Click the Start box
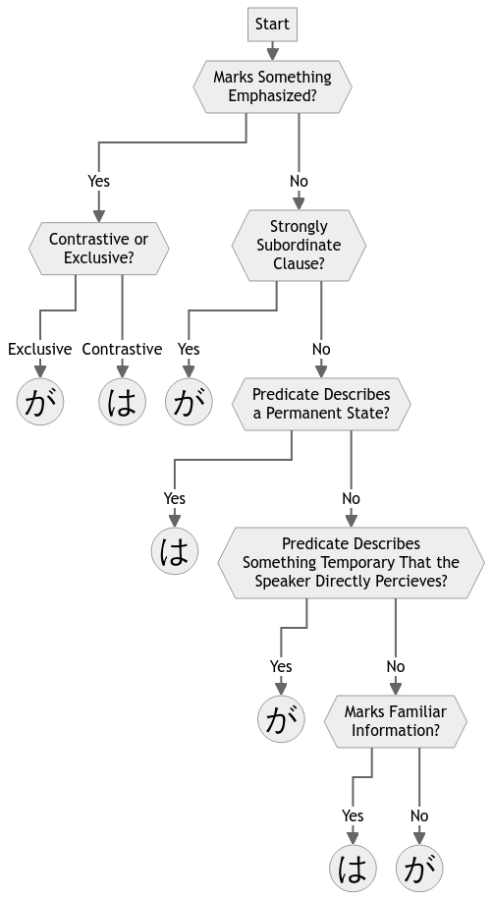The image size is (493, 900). coord(272,24)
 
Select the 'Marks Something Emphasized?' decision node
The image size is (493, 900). coord(272,86)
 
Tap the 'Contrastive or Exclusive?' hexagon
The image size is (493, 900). coord(99,249)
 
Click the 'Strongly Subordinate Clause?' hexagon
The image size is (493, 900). coord(299,245)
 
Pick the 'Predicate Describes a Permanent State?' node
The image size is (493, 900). coord(321,404)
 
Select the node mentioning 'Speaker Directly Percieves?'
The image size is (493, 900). coord(351,563)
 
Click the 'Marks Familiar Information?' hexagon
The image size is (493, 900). coord(396,721)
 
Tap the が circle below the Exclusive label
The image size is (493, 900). coord(40,402)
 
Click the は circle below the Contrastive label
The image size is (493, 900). coord(122,402)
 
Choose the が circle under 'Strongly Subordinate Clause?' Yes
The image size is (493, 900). coord(189,402)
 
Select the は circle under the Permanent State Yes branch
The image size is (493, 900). coord(174,551)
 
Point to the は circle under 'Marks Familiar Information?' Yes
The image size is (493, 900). coord(353,869)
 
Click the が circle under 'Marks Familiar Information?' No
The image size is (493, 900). coord(419,869)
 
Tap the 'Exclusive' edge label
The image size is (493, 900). coord(40,349)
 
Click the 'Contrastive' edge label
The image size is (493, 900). coord(122,349)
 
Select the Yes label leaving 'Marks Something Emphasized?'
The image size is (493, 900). coord(99,181)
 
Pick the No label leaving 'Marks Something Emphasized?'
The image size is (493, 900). coord(299,181)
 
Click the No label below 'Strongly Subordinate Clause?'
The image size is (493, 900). coord(321,349)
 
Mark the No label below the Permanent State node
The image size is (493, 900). coord(351,498)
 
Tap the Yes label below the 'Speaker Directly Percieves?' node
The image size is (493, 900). coord(281,666)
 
